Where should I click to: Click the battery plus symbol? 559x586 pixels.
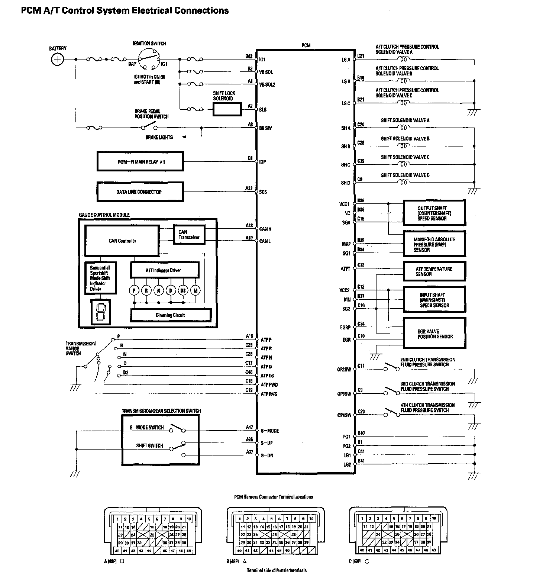[57, 59]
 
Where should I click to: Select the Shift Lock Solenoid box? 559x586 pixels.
[227, 109]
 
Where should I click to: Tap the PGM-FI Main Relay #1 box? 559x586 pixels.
[140, 161]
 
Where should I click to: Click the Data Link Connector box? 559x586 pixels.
[140, 192]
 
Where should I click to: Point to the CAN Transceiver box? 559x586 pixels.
[189, 235]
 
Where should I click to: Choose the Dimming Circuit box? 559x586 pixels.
[171, 315]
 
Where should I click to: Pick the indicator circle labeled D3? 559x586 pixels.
[183, 290]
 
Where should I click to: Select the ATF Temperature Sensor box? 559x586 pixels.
[434, 271]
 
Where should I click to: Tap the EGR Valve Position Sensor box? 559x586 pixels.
[434, 334]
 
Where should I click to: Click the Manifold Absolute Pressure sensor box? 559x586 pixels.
[434, 244]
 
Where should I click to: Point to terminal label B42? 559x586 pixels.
[249, 57]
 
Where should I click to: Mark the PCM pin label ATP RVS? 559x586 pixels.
[269, 394]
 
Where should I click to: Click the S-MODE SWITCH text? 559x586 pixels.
[147, 428]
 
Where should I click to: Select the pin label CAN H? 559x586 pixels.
[265, 229]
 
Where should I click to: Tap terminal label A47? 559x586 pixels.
[249, 428]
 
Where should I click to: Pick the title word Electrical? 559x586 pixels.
[151, 10]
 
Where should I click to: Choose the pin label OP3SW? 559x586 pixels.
[344, 394]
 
